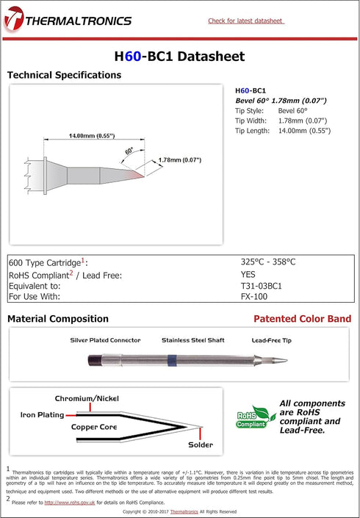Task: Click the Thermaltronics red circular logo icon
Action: pyautogui.click(x=14, y=18)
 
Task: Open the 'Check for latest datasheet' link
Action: pyautogui.click(x=246, y=21)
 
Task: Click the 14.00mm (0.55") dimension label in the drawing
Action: pyautogui.click(x=92, y=136)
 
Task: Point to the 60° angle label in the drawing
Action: pyautogui.click(x=129, y=151)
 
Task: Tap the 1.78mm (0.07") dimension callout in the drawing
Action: pyautogui.click(x=180, y=160)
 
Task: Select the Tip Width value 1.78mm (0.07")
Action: pyautogui.click(x=303, y=120)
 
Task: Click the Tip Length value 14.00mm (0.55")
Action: pyautogui.click(x=304, y=131)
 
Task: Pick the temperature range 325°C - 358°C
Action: pyautogui.click(x=268, y=262)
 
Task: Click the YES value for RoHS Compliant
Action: pyautogui.click(x=248, y=274)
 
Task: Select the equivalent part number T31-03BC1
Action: pyautogui.click(x=262, y=286)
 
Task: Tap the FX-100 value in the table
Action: pyautogui.click(x=254, y=297)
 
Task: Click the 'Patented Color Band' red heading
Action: pyautogui.click(x=302, y=319)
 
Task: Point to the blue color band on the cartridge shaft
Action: pyautogui.click(x=172, y=360)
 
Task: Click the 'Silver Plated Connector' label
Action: pyautogui.click(x=105, y=340)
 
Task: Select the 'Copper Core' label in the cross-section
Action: pyautogui.click(x=94, y=427)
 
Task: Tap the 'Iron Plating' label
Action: pyautogui.click(x=43, y=415)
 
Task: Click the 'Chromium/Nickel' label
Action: pyautogui.click(x=87, y=399)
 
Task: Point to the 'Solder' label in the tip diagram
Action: pyautogui.click(x=201, y=445)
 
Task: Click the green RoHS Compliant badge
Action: pyautogui.click(x=255, y=417)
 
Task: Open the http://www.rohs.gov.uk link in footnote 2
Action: pyautogui.click(x=70, y=503)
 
